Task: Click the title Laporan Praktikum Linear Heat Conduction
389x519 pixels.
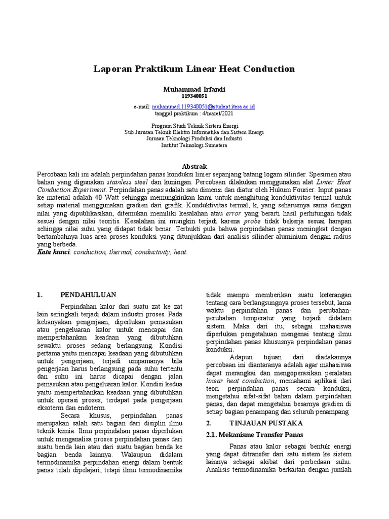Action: tap(194, 68)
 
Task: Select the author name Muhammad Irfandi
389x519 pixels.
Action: tap(194, 89)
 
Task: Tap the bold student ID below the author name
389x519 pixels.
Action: tap(194, 96)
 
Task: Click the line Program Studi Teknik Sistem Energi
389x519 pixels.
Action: tap(194, 125)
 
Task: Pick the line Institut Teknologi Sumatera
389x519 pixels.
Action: tap(194, 145)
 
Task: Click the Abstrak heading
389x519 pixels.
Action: tap(194, 166)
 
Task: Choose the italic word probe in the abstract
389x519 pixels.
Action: tap(254, 221)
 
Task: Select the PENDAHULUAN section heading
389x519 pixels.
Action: tap(89, 294)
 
